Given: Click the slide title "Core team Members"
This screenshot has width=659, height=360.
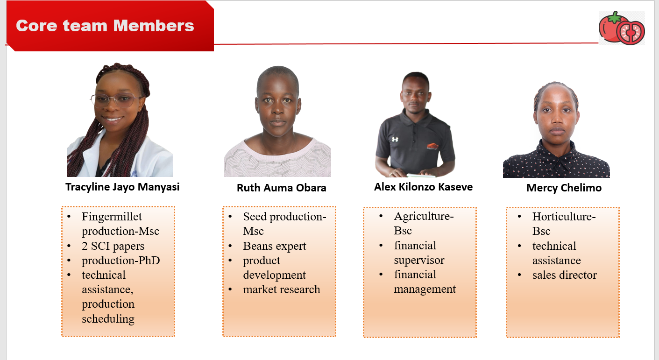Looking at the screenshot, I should click(105, 26).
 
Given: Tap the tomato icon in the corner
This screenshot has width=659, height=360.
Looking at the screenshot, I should click(622, 28).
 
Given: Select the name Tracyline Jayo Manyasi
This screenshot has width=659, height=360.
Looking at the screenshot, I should click(122, 187).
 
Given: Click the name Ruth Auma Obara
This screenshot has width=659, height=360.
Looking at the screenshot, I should click(281, 188).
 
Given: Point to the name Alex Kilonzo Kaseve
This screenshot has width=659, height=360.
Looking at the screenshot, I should click(423, 187).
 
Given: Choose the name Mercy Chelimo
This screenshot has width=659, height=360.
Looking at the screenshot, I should click(564, 188).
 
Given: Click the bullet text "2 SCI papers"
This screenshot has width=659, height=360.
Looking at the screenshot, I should click(113, 246).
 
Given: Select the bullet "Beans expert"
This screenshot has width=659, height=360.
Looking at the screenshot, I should click(275, 246).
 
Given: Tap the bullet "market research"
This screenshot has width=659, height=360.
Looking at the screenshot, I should click(282, 289).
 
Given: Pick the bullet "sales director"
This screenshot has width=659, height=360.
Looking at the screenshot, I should click(564, 275).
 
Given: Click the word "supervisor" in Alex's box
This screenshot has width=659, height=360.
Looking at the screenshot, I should click(419, 260).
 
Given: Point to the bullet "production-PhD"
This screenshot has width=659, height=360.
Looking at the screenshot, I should click(120, 261).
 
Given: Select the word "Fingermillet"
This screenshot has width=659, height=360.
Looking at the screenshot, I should click(112, 217).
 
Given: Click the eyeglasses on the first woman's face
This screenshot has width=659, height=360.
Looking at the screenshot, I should click(116, 100).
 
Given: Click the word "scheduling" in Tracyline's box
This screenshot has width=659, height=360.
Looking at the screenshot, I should click(108, 319).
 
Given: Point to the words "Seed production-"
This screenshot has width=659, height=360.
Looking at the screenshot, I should click(284, 217).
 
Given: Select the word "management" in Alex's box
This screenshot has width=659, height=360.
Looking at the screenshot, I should click(425, 289).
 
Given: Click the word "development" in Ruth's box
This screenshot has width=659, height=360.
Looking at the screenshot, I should click(274, 275).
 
